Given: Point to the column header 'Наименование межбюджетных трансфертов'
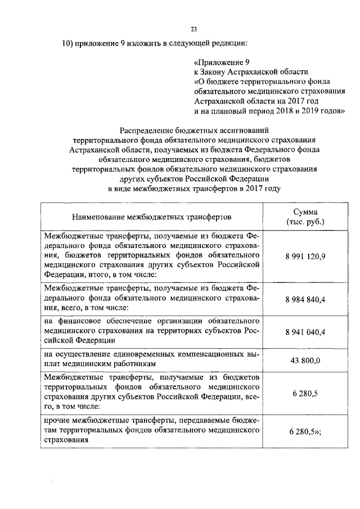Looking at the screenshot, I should click(151, 217).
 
